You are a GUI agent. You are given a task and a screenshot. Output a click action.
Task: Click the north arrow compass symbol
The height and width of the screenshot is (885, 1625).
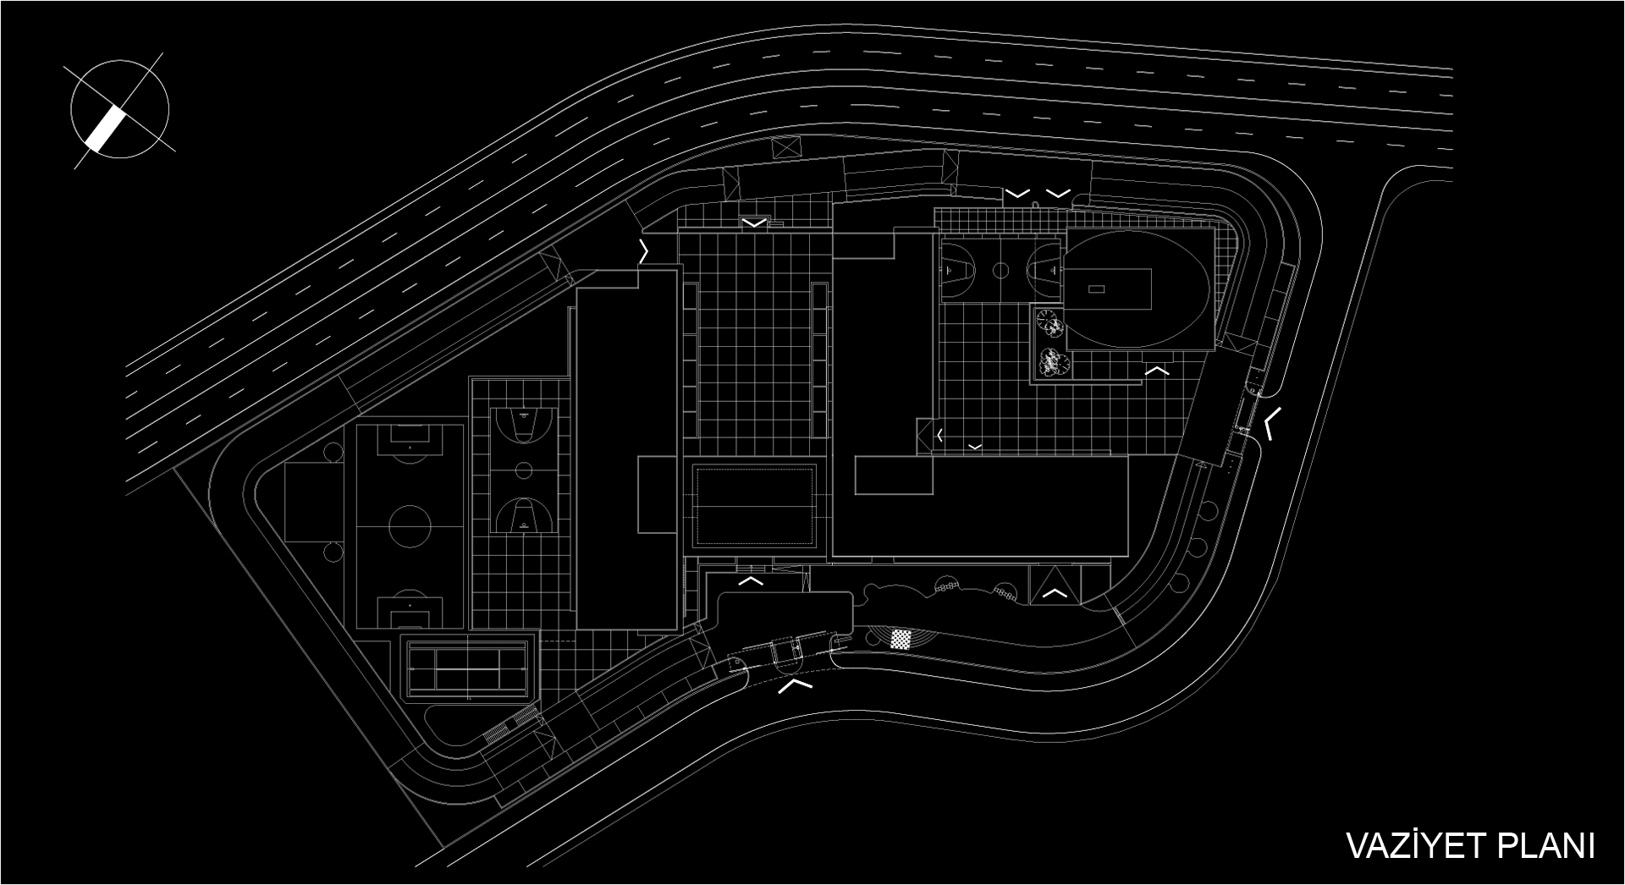pyautogui.click(x=119, y=109)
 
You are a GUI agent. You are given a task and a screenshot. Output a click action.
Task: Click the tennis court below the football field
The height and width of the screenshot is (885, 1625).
pyautogui.click(x=468, y=666)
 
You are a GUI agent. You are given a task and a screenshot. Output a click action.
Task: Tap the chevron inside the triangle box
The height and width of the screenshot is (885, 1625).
pyautogui.click(x=1054, y=593)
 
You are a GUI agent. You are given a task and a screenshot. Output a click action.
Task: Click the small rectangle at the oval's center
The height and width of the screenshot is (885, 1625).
pyautogui.click(x=1096, y=289)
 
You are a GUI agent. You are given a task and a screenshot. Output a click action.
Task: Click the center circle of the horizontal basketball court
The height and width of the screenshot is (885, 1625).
pyautogui.click(x=1001, y=271)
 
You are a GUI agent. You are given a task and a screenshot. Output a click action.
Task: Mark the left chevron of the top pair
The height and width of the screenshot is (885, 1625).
pyautogui.click(x=1017, y=194)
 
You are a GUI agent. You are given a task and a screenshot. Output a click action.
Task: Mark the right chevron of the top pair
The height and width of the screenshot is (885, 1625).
pyautogui.click(x=1058, y=194)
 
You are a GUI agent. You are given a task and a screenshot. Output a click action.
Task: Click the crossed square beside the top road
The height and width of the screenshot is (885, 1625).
pyautogui.click(x=786, y=146)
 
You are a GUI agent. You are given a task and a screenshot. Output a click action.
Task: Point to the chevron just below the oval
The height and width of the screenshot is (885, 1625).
pyautogui.click(x=1157, y=370)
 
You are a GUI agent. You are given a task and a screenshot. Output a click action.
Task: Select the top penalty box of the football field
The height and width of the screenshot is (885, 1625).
pyautogui.click(x=410, y=438)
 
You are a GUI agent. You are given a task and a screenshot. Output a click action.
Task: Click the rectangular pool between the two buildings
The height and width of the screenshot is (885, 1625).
pyautogui.click(x=754, y=505)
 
